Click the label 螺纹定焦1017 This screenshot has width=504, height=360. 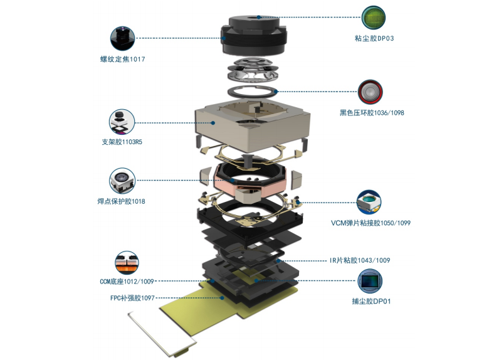tap(122, 59)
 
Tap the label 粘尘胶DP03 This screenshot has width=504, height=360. tap(374, 38)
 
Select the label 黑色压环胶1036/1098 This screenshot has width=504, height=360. tap(372, 113)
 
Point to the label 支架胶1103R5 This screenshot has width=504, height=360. tap(122, 142)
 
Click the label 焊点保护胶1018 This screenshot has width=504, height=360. tap(122, 201)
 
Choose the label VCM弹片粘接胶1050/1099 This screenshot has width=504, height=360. tap(371, 223)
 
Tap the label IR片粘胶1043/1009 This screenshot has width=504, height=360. tap(360, 260)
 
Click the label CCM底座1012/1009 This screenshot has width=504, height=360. tap(127, 282)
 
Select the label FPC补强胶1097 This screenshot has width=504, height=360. tap(132, 299)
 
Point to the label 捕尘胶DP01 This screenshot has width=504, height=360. tap(371, 302)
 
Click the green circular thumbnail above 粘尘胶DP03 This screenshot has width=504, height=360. tap(374, 18)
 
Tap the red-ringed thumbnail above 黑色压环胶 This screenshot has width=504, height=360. tap(370, 92)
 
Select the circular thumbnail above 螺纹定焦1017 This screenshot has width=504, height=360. tap(122, 39)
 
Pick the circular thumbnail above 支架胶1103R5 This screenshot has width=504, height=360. tap(122, 122)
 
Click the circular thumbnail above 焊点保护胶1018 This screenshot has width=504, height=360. tap(122, 181)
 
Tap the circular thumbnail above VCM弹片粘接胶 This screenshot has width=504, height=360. tap(369, 202)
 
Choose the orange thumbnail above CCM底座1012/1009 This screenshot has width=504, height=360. tap(127, 263)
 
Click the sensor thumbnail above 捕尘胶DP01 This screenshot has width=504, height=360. tap(370, 281)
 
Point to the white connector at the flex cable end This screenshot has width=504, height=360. tap(162, 334)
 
